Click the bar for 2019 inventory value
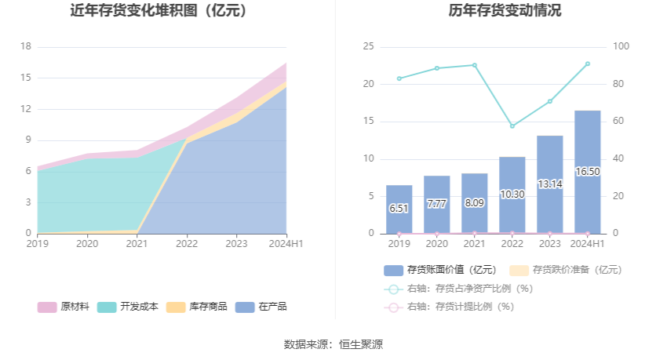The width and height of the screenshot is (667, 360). click(399, 209)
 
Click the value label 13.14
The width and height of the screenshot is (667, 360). click(549, 184)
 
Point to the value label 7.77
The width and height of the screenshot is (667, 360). click(436, 204)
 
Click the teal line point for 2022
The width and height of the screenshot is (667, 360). click(512, 125)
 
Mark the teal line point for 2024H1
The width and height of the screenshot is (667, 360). click(587, 64)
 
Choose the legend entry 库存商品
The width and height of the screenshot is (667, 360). click(196, 307)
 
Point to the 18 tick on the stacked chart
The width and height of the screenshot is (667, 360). click(25, 46)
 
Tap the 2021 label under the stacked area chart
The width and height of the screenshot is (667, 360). click(137, 244)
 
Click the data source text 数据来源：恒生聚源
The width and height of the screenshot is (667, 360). click(333, 344)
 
